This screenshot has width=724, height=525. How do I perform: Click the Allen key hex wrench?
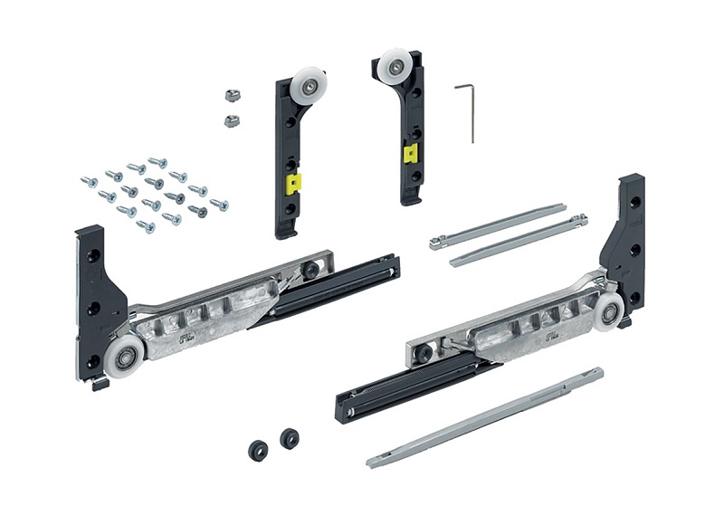471,113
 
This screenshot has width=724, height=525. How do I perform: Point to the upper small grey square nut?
228,94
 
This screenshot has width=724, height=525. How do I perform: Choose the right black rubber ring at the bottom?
290,436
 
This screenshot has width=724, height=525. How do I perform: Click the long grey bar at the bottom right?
484,417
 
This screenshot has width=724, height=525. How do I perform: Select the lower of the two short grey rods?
518,240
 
